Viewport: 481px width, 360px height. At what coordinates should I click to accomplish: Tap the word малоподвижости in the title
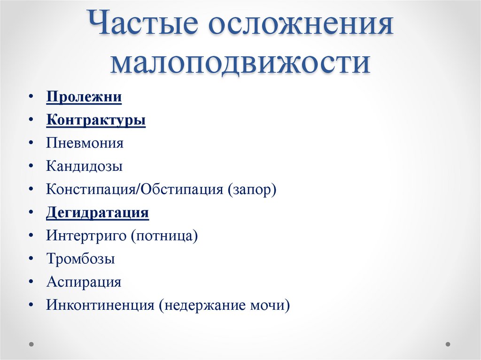[240, 64]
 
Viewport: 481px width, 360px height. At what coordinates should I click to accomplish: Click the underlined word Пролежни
[84, 97]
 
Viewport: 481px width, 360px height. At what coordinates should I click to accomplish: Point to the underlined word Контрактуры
[96, 120]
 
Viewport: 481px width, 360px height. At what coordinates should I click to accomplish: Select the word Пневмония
[85, 143]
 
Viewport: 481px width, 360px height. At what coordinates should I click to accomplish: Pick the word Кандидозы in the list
[85, 166]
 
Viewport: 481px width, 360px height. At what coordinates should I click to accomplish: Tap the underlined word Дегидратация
[98, 213]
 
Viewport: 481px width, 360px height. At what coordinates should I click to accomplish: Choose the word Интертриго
[86, 236]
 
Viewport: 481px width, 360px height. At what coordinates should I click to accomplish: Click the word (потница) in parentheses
[164, 236]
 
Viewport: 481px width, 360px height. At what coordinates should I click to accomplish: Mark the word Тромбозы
[81, 259]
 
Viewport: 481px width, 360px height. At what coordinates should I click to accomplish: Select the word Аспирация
[84, 282]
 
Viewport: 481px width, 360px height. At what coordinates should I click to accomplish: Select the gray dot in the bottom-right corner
[448, 344]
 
